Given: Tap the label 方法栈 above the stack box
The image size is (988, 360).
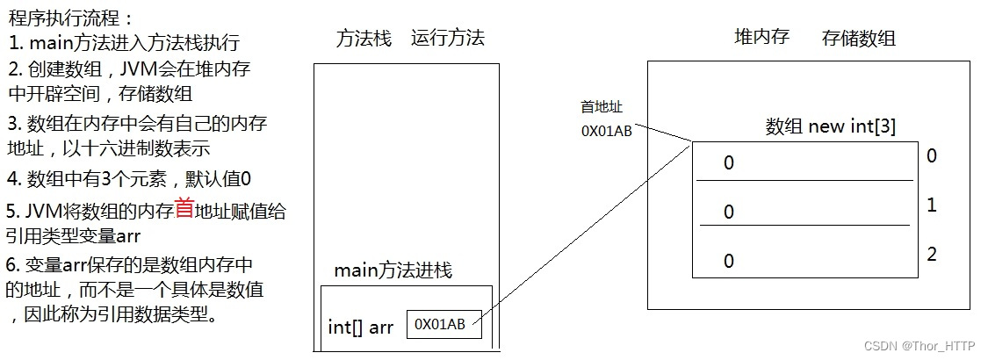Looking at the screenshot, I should click(x=364, y=39).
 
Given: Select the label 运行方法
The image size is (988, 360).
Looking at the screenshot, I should click(x=447, y=39).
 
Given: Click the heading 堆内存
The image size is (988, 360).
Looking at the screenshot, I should click(x=761, y=37).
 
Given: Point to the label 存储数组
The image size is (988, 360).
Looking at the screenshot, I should click(x=858, y=39).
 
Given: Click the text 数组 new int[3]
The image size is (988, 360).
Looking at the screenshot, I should click(x=830, y=126).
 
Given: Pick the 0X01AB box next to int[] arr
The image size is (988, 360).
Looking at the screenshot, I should click(x=444, y=324).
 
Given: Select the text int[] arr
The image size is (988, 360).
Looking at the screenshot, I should click(x=360, y=328).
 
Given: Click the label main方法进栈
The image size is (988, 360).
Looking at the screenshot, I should click(x=393, y=271).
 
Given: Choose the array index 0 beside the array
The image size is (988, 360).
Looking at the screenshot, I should click(x=932, y=156).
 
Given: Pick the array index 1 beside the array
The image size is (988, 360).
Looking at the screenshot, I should click(x=932, y=205).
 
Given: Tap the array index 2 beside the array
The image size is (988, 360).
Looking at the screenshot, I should click(x=932, y=255).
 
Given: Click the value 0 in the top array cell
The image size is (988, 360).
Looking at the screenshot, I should click(x=729, y=163).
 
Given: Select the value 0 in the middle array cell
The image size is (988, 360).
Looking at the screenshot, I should click(x=729, y=212).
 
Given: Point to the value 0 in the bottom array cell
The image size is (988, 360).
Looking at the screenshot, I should click(x=729, y=261).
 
